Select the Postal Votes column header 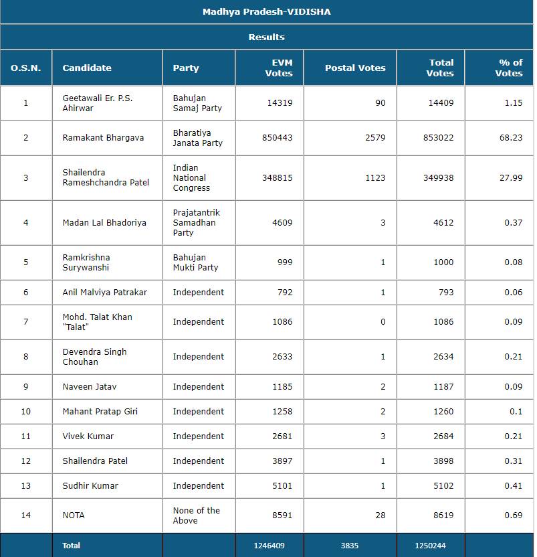click(x=355, y=68)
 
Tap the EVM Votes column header click(x=279, y=68)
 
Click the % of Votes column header click(x=509, y=68)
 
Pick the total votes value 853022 click(x=439, y=138)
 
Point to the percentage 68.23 click(x=512, y=138)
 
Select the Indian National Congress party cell click(x=191, y=178)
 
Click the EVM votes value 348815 click(x=277, y=178)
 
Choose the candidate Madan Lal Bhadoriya click(x=104, y=222)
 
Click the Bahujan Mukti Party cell click(x=195, y=262)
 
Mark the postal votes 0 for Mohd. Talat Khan click(x=383, y=322)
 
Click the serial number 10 click(x=26, y=412)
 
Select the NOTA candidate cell click(x=74, y=515)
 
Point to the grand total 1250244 click(x=434, y=546)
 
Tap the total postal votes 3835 click(x=350, y=546)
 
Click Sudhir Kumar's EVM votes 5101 click(x=282, y=486)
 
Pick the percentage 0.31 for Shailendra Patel click(x=514, y=461)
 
